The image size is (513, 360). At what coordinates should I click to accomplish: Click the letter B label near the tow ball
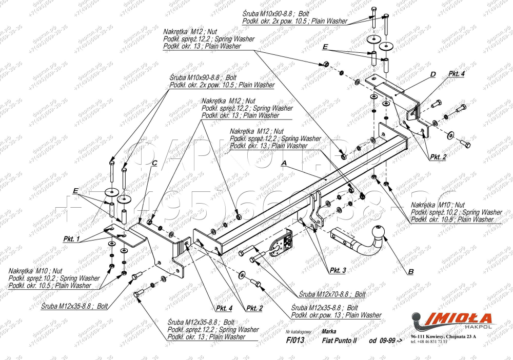pyautogui.click(x=410, y=270)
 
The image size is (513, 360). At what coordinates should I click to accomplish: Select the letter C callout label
pyautogui.click(x=154, y=164)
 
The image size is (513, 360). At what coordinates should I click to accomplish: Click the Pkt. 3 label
pyautogui.click(x=338, y=270)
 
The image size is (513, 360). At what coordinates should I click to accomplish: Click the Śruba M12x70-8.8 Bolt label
pyautogui.click(x=333, y=295)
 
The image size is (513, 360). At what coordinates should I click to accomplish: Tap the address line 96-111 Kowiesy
pyautogui.click(x=443, y=336)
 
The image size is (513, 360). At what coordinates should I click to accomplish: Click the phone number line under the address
pyautogui.click(x=429, y=342)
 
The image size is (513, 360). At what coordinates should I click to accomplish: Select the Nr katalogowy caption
pyautogui.click(x=299, y=332)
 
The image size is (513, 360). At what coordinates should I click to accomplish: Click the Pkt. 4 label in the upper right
pyautogui.click(x=457, y=74)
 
